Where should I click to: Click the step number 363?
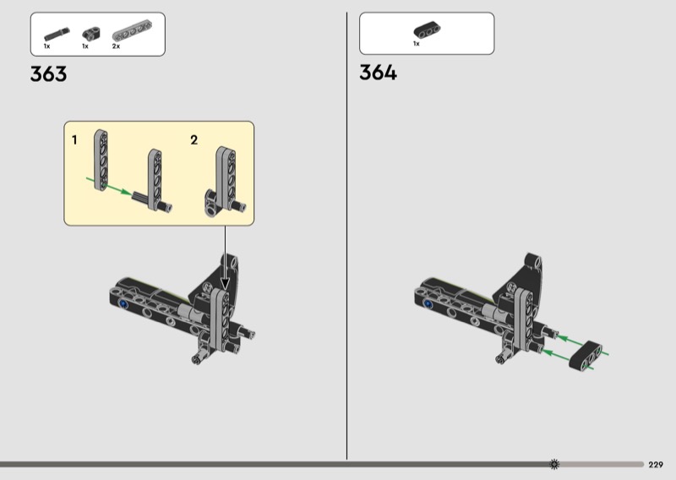48,74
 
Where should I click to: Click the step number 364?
378,73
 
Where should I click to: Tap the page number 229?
656,465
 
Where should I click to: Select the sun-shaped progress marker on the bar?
554,464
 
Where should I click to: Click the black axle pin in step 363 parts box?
57,34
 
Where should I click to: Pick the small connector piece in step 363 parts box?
91,33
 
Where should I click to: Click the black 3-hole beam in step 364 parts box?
427,30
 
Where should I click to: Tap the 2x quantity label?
116,46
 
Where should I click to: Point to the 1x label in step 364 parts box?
416,44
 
